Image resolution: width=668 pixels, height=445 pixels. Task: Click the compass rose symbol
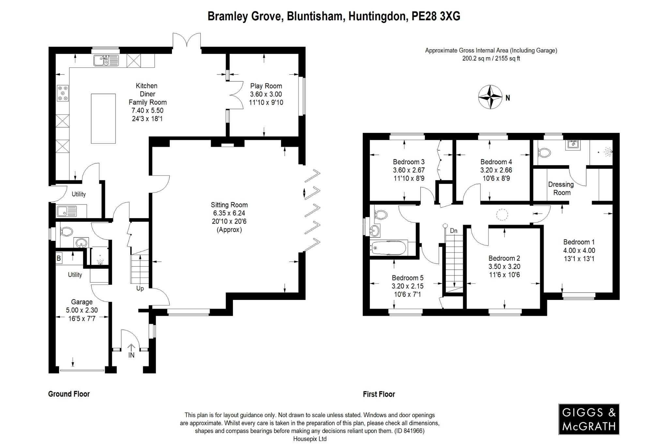(x=490, y=97)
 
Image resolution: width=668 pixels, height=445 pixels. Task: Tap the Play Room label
(x=266, y=86)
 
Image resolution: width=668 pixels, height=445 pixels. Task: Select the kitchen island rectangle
(x=103, y=118)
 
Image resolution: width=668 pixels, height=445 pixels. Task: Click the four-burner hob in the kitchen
(x=63, y=93)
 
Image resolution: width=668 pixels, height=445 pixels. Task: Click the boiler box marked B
(x=59, y=259)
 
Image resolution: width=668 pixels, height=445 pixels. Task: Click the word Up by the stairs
(x=140, y=289)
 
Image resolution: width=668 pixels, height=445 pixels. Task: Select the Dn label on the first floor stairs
(x=453, y=231)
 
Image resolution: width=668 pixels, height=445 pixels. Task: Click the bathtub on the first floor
(x=389, y=248)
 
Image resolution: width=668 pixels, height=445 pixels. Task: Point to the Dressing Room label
(x=561, y=188)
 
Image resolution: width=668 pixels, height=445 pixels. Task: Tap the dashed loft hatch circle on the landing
(x=502, y=215)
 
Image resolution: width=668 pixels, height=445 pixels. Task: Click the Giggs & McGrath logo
(x=588, y=419)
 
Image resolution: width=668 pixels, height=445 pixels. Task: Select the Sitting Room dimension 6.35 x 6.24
(x=229, y=213)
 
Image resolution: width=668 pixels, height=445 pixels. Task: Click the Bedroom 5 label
(x=407, y=278)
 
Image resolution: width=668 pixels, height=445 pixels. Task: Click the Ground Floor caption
(x=69, y=394)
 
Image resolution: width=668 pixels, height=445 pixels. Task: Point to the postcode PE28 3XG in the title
(x=436, y=16)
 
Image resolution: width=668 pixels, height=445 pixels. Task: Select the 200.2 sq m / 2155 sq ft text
(x=491, y=59)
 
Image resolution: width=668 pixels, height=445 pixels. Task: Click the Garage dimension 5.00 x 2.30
(x=82, y=310)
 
